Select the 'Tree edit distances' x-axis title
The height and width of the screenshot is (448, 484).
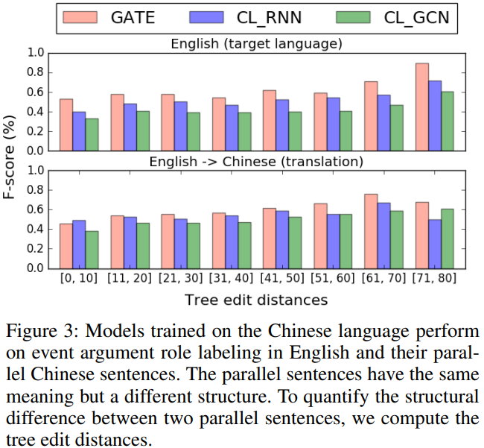tap(255, 300)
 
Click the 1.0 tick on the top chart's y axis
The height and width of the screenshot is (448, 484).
tap(34, 53)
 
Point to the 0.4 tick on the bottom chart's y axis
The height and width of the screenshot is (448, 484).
tap(34, 229)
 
